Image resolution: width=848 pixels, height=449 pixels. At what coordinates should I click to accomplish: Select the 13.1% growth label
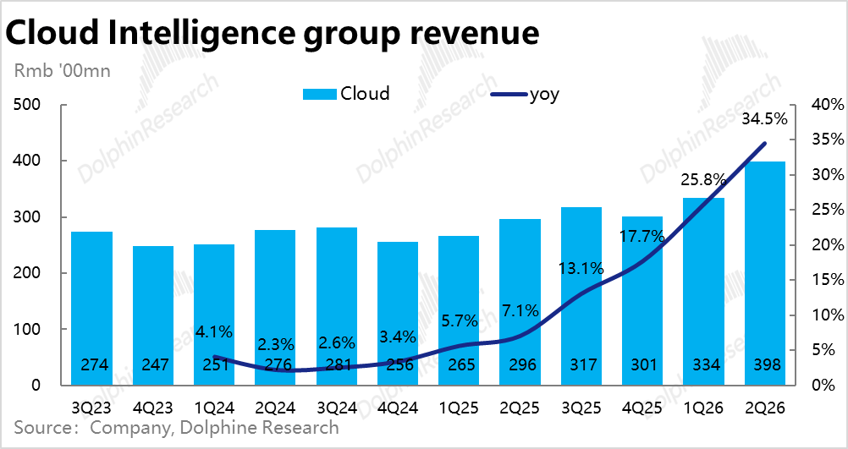[x=581, y=269]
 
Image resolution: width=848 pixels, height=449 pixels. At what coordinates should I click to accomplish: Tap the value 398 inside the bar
[x=765, y=365]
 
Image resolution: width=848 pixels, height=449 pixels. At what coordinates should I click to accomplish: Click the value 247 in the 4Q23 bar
[x=153, y=365]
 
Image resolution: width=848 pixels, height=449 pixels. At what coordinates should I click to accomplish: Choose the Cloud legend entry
[x=347, y=94]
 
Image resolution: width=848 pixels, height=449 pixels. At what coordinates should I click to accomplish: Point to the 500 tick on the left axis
[x=27, y=105]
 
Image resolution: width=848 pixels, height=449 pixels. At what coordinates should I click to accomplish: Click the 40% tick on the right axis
[x=826, y=105]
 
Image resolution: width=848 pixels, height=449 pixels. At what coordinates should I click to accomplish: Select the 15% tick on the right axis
[x=826, y=280]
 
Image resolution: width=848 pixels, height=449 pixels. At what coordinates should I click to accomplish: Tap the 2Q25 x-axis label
[x=520, y=408]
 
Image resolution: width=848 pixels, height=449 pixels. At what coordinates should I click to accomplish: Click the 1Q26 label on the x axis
[x=703, y=408]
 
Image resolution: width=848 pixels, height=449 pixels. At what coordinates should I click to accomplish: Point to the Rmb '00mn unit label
[x=62, y=71]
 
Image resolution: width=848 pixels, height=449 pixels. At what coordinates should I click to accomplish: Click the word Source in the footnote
[x=42, y=428]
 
